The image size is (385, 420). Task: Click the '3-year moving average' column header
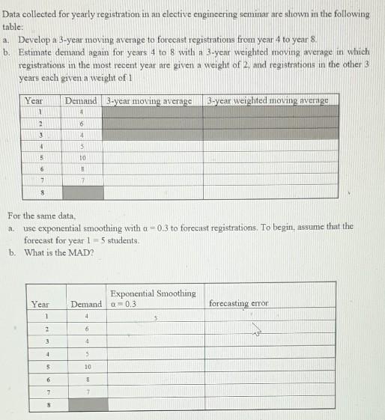149,100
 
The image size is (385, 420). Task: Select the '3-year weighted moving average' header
267,100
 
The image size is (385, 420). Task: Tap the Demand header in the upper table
81,100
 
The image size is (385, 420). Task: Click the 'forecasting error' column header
239,304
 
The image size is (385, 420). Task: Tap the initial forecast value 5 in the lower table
157,317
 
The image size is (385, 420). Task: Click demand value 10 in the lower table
88,367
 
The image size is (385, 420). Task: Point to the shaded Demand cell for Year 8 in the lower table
88,405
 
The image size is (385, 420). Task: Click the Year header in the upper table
34,100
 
